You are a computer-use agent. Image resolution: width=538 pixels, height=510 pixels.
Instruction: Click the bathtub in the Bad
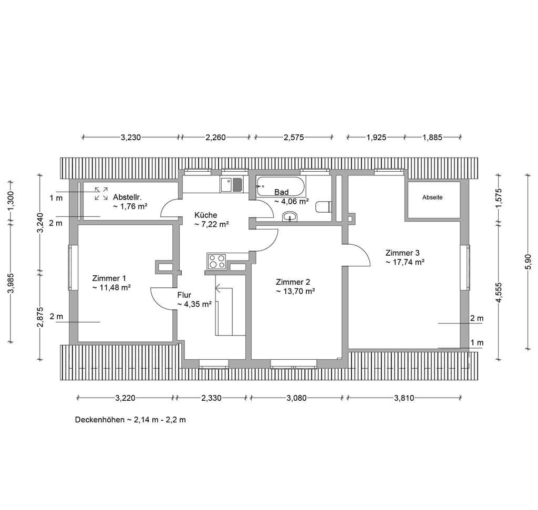click(281, 187)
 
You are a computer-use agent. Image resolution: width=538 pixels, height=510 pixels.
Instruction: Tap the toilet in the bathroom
click(323, 207)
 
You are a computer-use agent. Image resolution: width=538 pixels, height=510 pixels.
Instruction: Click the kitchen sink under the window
click(232, 184)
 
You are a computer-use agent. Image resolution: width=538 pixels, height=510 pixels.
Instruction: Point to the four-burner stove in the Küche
click(216, 262)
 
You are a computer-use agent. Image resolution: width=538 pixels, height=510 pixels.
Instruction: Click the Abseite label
click(432, 197)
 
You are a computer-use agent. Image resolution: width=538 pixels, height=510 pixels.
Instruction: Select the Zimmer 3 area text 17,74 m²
click(405, 262)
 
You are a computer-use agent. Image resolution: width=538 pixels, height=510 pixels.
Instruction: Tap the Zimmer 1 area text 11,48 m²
click(111, 287)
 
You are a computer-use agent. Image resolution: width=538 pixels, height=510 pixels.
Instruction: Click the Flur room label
click(184, 295)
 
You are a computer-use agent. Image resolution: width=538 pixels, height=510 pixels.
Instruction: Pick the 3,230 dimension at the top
click(131, 138)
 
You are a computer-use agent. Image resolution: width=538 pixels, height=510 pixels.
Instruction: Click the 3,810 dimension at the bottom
click(404, 398)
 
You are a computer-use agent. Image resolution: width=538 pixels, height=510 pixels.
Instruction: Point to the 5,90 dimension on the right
click(528, 262)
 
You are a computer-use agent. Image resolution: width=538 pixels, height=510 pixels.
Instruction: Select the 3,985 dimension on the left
click(11, 283)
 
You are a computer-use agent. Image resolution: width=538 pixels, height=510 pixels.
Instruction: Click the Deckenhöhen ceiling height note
click(130, 420)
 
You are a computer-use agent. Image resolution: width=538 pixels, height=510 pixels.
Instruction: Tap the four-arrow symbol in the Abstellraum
click(101, 193)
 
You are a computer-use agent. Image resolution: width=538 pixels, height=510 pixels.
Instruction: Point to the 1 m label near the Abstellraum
click(56, 198)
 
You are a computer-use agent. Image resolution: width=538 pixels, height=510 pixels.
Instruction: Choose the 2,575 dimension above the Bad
click(294, 138)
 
